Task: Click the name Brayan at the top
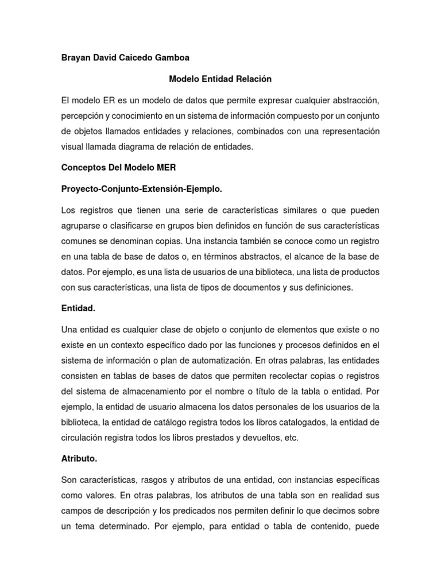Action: tap(76, 57)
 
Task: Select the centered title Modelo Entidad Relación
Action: tap(220, 79)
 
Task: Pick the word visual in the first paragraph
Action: tap(72, 147)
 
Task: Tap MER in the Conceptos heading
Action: tap(167, 168)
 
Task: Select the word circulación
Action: tap(86, 438)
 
